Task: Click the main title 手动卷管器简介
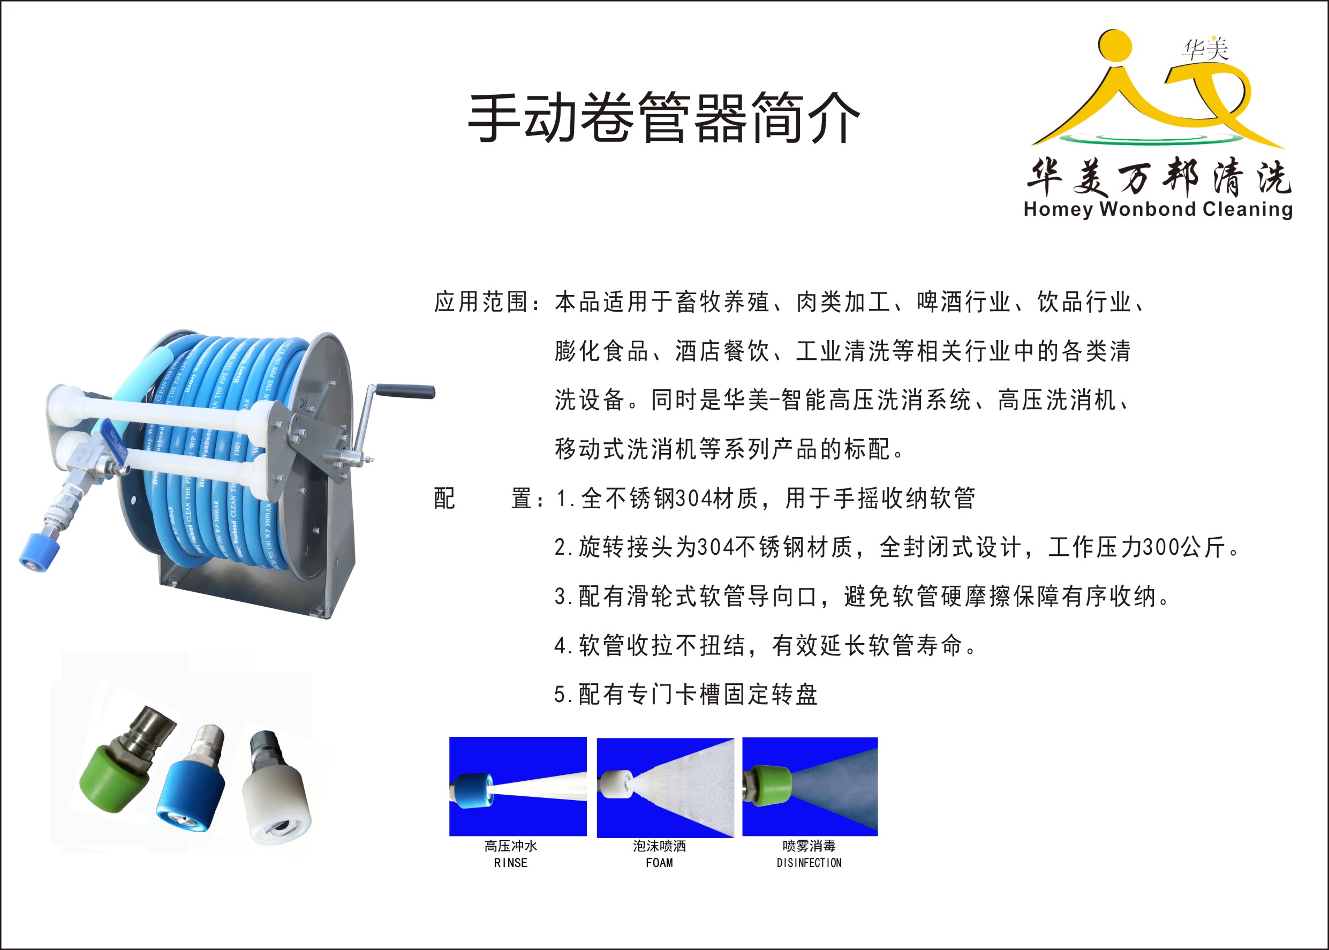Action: point(664,118)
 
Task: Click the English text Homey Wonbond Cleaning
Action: point(1158,209)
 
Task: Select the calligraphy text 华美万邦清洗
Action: point(1158,177)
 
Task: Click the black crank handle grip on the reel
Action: point(405,390)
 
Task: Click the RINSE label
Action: point(511,863)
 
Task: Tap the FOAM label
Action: point(659,863)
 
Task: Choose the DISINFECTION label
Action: point(809,863)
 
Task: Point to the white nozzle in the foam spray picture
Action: point(615,784)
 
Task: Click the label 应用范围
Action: point(481,303)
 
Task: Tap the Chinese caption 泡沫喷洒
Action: point(659,846)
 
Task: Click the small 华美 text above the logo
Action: point(1205,49)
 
